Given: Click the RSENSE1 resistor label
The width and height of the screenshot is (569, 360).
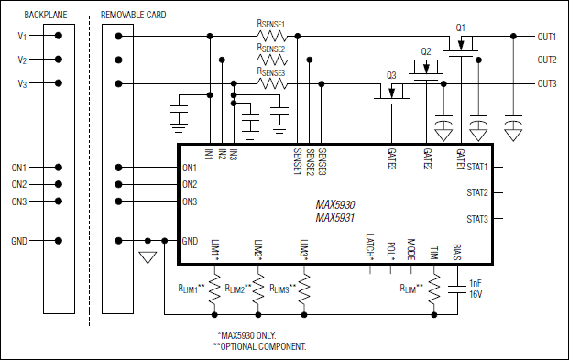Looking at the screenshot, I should (271, 25).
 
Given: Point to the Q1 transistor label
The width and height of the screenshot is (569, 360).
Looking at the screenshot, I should (461, 27).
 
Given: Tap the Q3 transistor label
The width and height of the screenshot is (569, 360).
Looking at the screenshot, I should (391, 74).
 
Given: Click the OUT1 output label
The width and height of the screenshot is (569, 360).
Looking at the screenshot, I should (547, 37).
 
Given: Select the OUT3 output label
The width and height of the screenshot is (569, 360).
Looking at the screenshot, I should (547, 83).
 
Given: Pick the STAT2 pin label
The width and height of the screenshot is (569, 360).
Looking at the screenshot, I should (477, 193).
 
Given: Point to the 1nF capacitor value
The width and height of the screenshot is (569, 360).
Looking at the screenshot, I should (476, 283).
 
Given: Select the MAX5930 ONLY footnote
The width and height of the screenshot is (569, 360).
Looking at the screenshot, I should (246, 335).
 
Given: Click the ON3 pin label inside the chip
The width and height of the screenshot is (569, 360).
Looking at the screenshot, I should (190, 202).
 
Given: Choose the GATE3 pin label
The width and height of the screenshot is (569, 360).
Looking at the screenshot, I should (391, 158).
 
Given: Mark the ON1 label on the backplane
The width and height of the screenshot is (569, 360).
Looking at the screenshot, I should (19, 168).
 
